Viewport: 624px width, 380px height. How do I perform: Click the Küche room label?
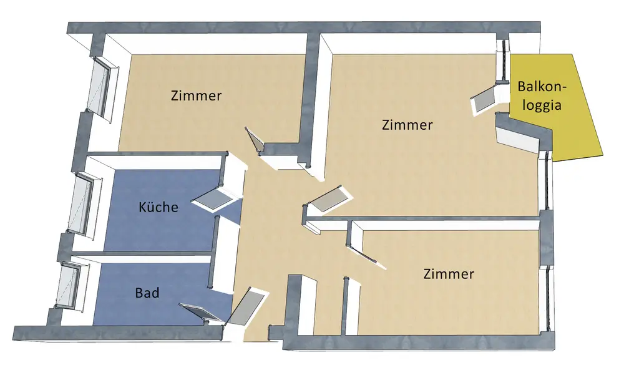pyautogui.click(x=158, y=207)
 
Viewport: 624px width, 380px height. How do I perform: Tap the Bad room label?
pyautogui.click(x=147, y=292)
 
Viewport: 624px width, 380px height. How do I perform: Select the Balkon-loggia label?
pyautogui.click(x=540, y=97)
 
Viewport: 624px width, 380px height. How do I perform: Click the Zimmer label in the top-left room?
pyautogui.click(x=197, y=96)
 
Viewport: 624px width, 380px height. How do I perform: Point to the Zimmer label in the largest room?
pyautogui.click(x=407, y=125)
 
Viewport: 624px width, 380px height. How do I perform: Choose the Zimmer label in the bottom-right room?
pyautogui.click(x=449, y=273)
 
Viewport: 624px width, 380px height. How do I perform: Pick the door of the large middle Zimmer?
pyautogui.click(x=325, y=198)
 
